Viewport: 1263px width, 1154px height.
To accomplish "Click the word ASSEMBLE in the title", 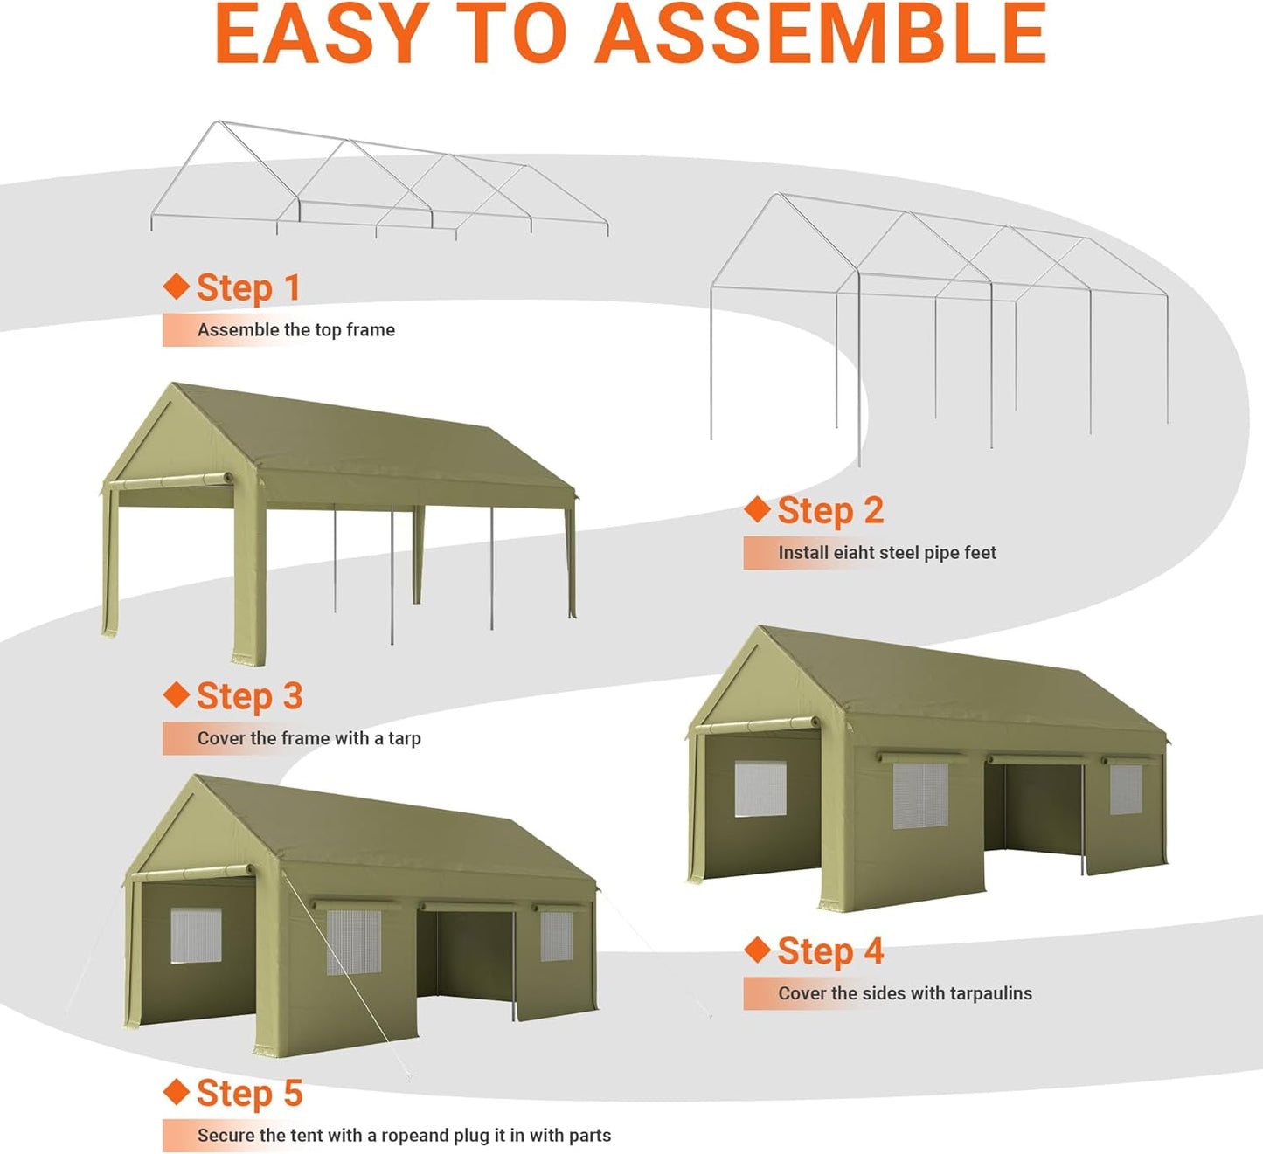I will click(x=822, y=35).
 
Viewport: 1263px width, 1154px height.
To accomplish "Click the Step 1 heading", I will click(x=248, y=287).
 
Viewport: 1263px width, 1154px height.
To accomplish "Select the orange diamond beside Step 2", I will click(x=757, y=509).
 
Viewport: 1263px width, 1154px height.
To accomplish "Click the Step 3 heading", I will click(x=249, y=696).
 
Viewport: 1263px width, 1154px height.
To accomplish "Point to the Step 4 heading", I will click(x=830, y=951).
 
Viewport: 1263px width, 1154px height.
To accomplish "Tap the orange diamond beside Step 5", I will click(x=177, y=1091).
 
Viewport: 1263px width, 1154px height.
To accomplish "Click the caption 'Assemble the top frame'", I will click(x=295, y=330).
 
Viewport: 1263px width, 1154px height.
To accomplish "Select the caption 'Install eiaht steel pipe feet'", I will click(x=886, y=553).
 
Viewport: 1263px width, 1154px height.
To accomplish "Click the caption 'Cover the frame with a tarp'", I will click(x=309, y=738).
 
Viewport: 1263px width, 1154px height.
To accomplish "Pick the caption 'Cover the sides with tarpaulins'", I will click(x=905, y=993).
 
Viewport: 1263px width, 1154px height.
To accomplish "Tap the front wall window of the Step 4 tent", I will click(x=760, y=789).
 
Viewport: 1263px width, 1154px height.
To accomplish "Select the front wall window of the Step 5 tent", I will click(x=196, y=936).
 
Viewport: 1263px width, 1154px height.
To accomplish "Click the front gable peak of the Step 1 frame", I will click(x=218, y=122).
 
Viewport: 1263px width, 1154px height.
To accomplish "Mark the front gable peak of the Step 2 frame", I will click(x=777, y=195).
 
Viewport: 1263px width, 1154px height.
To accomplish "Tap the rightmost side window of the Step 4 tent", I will click(x=1126, y=790).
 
